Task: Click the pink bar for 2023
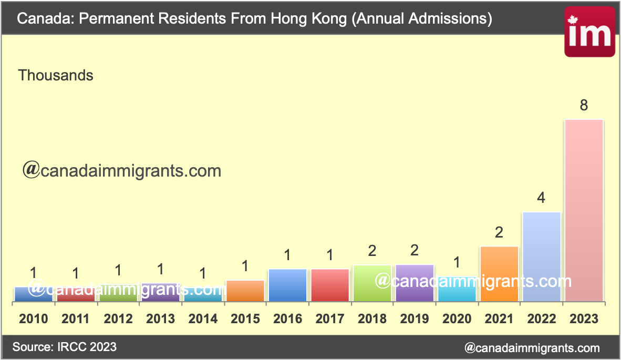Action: (x=584, y=210)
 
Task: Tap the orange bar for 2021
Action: (x=499, y=274)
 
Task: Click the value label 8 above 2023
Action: (x=584, y=106)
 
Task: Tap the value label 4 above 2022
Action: (x=541, y=199)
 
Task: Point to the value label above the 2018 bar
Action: (x=372, y=251)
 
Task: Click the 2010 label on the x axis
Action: (x=34, y=318)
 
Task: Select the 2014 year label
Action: (x=203, y=318)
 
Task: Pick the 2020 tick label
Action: (x=457, y=318)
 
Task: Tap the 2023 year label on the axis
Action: (x=584, y=318)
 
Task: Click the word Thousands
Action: (x=56, y=76)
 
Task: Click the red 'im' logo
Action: (x=589, y=32)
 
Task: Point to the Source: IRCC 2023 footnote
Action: (x=64, y=347)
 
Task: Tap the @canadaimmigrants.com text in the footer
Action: (x=532, y=347)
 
